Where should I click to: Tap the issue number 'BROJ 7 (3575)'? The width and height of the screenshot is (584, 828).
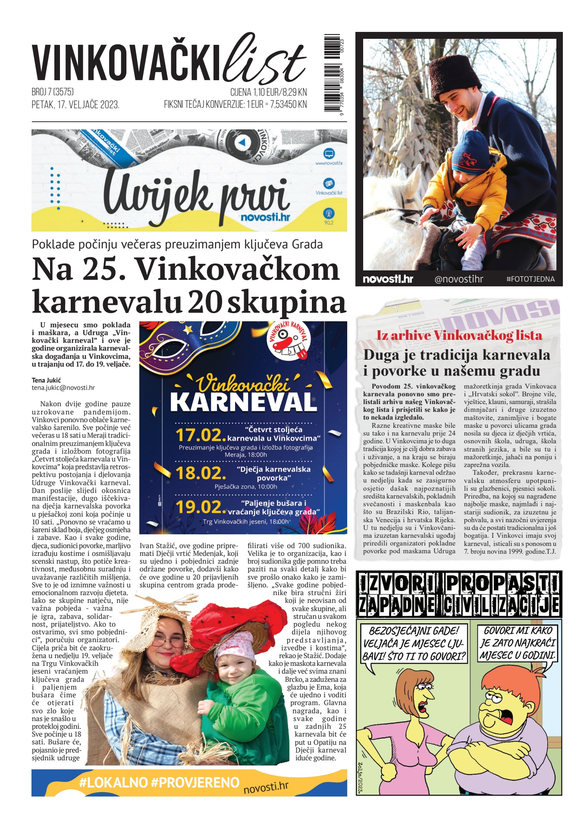tap(53, 92)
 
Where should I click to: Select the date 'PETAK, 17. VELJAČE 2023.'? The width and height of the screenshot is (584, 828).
tap(75, 105)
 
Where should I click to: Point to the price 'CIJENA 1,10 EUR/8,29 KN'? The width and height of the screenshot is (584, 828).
tap(268, 92)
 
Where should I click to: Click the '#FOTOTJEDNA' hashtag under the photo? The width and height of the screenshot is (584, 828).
tap(530, 279)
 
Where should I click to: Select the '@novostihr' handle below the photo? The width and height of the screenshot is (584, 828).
tap(459, 279)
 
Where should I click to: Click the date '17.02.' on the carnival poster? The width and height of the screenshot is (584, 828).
tap(200, 435)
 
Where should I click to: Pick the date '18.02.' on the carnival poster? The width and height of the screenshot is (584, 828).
tap(201, 473)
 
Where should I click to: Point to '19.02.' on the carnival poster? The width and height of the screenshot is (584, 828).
tap(201, 507)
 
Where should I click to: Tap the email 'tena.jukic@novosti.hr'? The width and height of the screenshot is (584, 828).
tap(63, 388)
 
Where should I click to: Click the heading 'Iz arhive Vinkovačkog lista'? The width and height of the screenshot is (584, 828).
tap(459, 336)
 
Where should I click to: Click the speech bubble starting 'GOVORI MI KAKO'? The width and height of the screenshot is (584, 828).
tap(518, 643)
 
